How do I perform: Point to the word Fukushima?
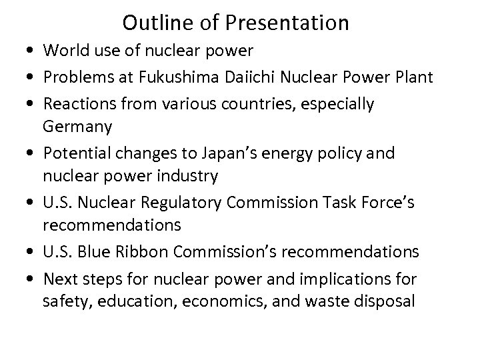[x=171, y=79]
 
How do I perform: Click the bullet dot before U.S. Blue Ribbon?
[x=33, y=251]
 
